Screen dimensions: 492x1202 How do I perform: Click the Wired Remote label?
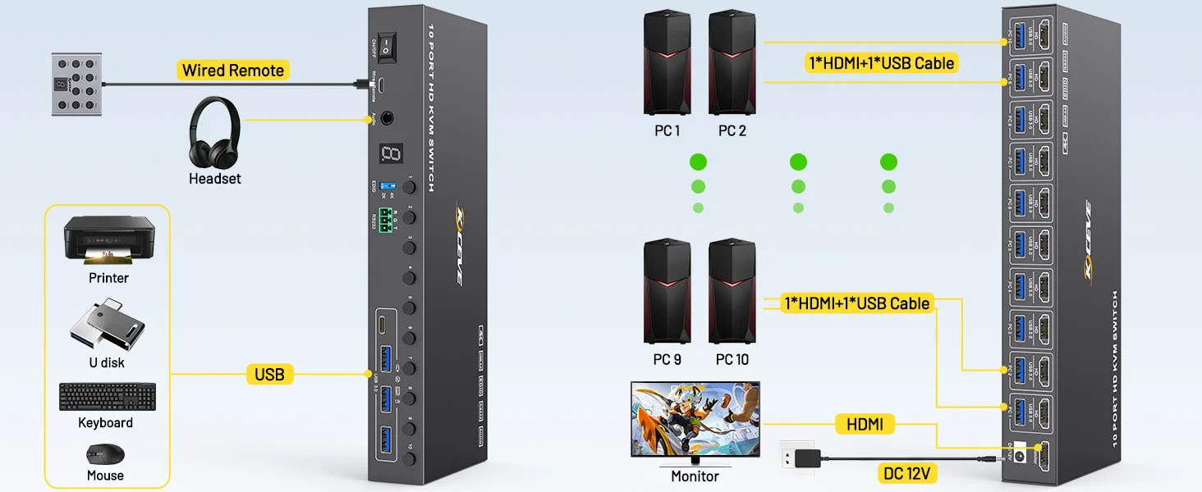pos(233,71)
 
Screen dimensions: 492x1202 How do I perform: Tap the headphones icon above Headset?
pos(214,133)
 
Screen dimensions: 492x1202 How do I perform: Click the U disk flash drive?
pos(108,326)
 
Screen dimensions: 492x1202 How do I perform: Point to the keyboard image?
pos(107,397)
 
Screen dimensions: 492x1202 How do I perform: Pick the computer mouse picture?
pos(106,454)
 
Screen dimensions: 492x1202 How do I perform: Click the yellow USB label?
pos(269,375)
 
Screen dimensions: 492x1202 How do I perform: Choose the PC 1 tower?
pos(667,62)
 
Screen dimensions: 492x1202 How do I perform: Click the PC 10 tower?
pos(732,291)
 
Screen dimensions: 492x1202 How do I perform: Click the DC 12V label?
pos(906,473)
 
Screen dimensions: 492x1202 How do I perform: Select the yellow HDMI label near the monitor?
pos(865,424)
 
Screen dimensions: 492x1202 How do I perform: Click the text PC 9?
pos(667,359)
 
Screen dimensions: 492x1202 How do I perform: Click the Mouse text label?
pos(105,476)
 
